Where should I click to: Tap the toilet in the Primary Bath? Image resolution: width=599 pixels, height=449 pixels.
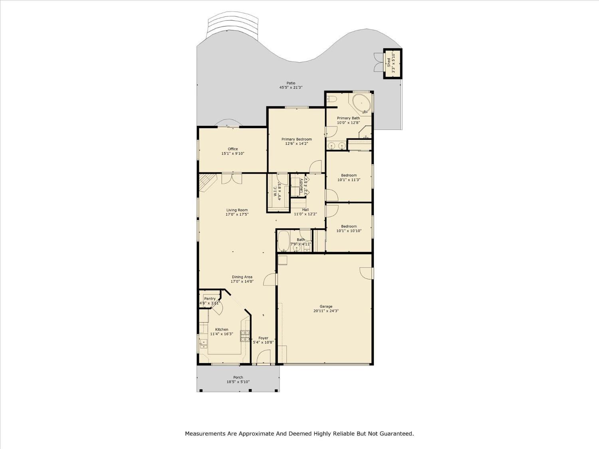point(332,99)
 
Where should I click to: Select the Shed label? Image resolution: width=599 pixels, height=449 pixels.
point(388,62)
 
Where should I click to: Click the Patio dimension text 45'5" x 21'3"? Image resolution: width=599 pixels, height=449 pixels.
point(291,87)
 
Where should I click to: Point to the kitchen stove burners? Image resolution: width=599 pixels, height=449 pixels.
point(244,336)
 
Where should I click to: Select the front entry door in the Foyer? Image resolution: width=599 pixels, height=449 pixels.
point(264,357)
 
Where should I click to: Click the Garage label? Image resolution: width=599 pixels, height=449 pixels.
point(326,307)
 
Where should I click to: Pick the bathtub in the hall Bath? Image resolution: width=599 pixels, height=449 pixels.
point(283,241)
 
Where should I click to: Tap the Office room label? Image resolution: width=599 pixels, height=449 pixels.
point(233,149)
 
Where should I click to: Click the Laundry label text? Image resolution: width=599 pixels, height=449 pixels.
point(301,186)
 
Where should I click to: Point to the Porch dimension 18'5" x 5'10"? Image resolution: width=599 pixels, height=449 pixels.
point(238,382)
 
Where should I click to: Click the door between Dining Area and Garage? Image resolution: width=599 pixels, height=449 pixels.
point(270,279)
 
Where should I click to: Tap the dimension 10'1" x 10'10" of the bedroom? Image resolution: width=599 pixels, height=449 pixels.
point(349,231)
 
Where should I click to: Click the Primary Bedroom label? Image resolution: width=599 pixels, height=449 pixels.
point(296,139)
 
